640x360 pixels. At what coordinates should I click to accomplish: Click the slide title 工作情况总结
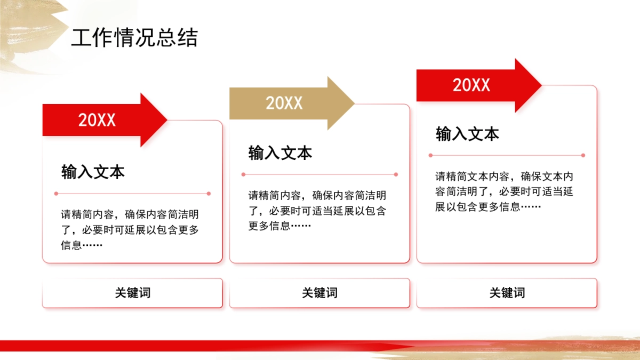(x=134, y=38)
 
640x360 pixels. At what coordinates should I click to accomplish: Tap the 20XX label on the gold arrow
(x=284, y=103)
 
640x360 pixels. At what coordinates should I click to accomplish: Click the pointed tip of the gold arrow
(x=353, y=103)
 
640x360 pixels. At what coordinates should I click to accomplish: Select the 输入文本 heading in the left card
(x=93, y=172)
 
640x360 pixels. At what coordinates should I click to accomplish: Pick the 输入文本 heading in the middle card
(x=280, y=154)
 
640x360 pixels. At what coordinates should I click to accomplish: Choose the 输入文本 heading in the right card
(x=467, y=134)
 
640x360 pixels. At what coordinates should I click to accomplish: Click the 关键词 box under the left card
(x=132, y=293)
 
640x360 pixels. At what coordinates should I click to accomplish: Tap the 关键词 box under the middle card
(x=319, y=293)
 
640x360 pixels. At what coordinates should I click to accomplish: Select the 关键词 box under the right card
(x=507, y=293)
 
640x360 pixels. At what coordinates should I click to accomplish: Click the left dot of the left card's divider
(x=56, y=194)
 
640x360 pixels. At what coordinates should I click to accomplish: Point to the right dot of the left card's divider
(x=209, y=194)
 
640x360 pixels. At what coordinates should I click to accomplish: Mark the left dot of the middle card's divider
(x=243, y=174)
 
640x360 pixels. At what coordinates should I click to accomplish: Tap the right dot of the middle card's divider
(x=396, y=174)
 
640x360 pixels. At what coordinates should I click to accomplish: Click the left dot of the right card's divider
(x=430, y=155)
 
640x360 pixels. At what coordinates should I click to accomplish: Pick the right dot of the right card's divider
(x=583, y=155)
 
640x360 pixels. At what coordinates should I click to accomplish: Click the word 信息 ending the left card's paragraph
(x=71, y=245)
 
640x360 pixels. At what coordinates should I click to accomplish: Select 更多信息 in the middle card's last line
(x=269, y=226)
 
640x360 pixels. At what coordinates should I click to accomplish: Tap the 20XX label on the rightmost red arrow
(x=471, y=85)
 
